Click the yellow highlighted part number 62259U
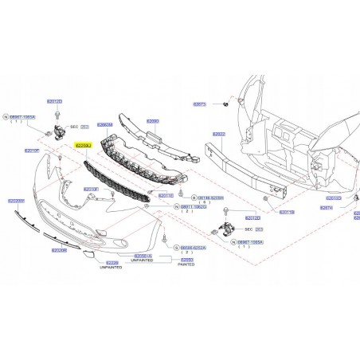point(83,147)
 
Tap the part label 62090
point(152,121)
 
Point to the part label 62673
point(199,104)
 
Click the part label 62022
point(218,134)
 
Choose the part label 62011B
point(286,213)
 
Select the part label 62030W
point(17,202)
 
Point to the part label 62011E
point(166,195)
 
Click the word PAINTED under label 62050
point(186,267)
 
